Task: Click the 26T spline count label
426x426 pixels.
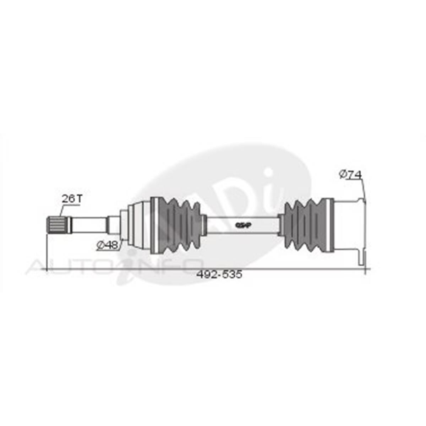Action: [72, 199]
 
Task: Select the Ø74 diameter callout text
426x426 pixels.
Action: [350, 174]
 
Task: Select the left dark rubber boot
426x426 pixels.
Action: [177, 225]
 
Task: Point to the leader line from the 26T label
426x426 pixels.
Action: [62, 210]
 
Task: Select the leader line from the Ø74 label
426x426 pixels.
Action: [364, 188]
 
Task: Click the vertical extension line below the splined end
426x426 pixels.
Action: [47, 252]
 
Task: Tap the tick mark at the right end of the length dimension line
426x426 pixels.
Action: [366, 269]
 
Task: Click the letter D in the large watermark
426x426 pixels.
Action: [245, 199]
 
